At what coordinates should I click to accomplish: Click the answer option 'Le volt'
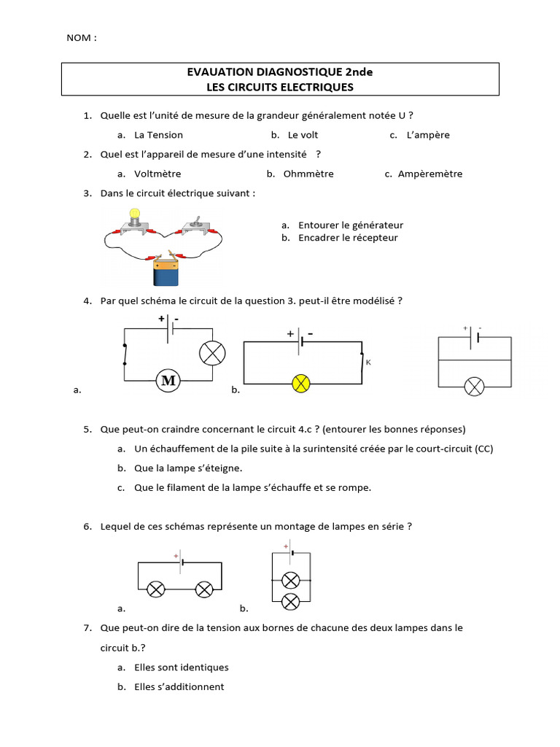coord(303,135)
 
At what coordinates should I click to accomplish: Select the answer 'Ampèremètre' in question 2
coord(430,174)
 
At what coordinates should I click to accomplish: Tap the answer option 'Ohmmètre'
coord(308,174)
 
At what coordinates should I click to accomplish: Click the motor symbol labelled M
coord(168,380)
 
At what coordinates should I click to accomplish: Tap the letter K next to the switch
coord(368,363)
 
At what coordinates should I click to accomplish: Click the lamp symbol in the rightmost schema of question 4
coord(475,386)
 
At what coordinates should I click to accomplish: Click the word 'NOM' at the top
coord(81,38)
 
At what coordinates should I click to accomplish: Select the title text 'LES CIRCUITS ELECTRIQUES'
coord(280,87)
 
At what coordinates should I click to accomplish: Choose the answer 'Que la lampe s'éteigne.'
coord(188,468)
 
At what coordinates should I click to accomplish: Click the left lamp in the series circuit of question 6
coord(156,589)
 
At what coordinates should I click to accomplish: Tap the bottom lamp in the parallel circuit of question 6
coord(291,601)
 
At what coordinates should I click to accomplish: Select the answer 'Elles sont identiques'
coord(182,667)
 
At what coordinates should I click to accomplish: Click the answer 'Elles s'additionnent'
coord(179,686)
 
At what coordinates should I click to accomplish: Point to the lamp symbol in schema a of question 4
coord(212,353)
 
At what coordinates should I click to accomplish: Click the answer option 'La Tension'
coord(158,135)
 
